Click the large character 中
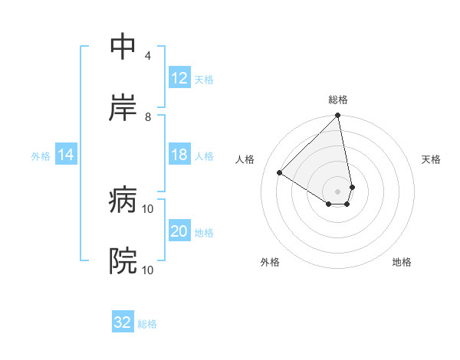pyautogui.click(x=123, y=47)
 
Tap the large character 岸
pyautogui.click(x=123, y=108)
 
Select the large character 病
pyautogui.click(x=123, y=201)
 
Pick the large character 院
pyautogui.click(x=123, y=262)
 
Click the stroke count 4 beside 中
pyautogui.click(x=147, y=56)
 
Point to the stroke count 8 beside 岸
pyautogui.click(x=147, y=116)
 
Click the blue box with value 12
pyautogui.click(x=179, y=78)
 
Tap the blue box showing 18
pyautogui.click(x=179, y=155)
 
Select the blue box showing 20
pyautogui.click(x=179, y=232)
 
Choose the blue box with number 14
pyautogui.click(x=66, y=155)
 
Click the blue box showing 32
pyautogui.click(x=123, y=322)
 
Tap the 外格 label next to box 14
pyautogui.click(x=41, y=156)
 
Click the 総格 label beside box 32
pyautogui.click(x=147, y=324)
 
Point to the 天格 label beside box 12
pyautogui.click(x=204, y=79)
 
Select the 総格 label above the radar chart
pyautogui.click(x=338, y=100)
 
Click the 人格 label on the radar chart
pyautogui.click(x=245, y=159)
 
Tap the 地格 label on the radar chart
pyautogui.click(x=402, y=263)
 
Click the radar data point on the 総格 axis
pyautogui.click(x=338, y=116)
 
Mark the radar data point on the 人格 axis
pyautogui.click(x=280, y=172)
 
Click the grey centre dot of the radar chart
pyautogui.click(x=338, y=191)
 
